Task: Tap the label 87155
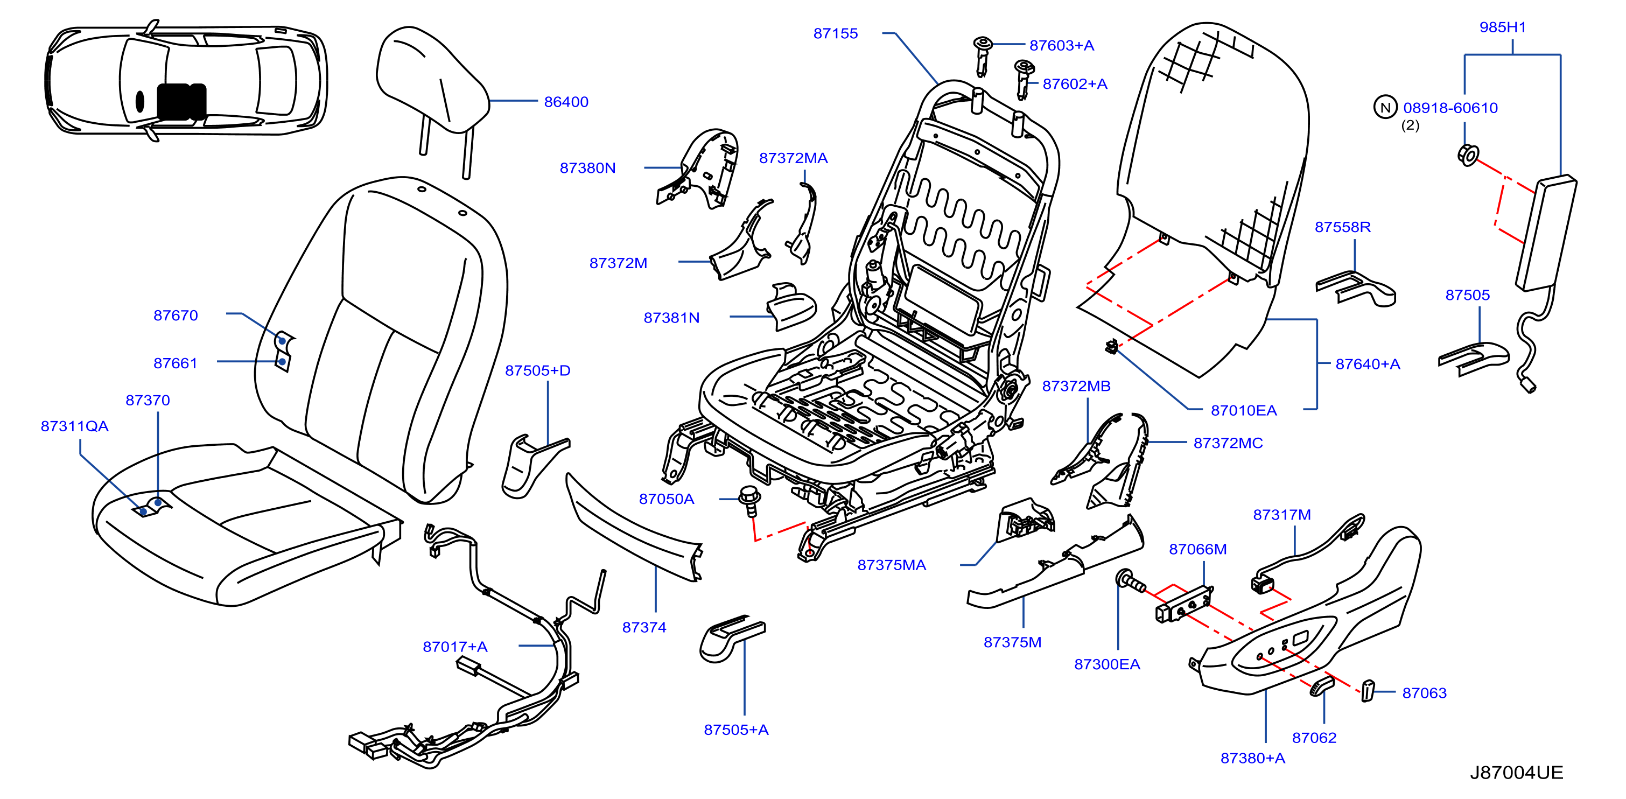point(835,33)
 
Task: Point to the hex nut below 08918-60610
point(1468,155)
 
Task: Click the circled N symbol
point(1385,107)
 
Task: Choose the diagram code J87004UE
point(1516,773)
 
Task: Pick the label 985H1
point(1502,27)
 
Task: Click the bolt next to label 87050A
point(750,501)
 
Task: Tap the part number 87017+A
point(454,647)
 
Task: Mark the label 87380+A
point(1252,758)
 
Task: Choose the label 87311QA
point(74,426)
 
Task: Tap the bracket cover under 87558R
point(1356,289)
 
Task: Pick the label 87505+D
point(537,370)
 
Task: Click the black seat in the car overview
point(181,102)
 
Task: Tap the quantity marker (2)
point(1410,125)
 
